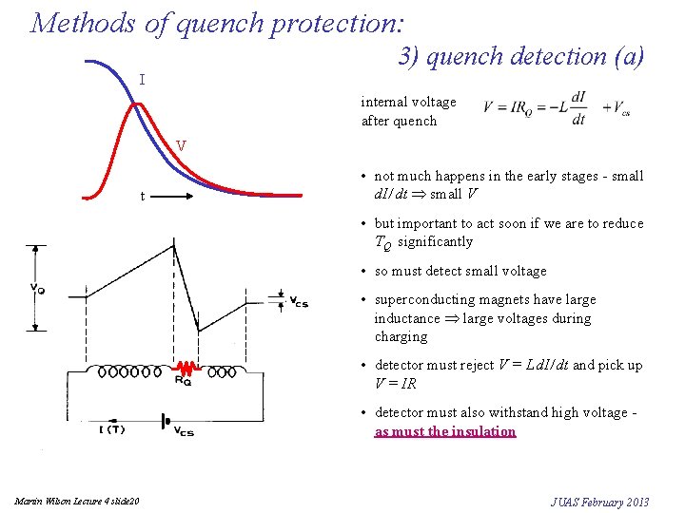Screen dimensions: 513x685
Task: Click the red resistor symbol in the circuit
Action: coord(188,367)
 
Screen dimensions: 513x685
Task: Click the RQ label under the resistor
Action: coord(183,382)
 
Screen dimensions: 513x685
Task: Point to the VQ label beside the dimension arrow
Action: coord(36,287)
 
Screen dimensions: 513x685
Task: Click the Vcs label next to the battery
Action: coord(184,431)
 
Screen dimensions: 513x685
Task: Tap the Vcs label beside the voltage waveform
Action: coord(298,302)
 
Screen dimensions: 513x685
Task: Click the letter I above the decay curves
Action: coord(142,80)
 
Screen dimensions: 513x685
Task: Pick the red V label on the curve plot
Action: coord(181,146)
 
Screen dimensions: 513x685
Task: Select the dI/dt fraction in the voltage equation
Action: coord(577,109)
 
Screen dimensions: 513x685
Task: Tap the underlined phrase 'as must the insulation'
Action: coord(445,431)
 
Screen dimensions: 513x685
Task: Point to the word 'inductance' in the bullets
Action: coord(407,318)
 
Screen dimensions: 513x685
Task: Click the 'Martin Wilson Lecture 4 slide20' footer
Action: coord(77,501)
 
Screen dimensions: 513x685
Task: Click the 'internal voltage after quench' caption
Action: coord(408,111)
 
